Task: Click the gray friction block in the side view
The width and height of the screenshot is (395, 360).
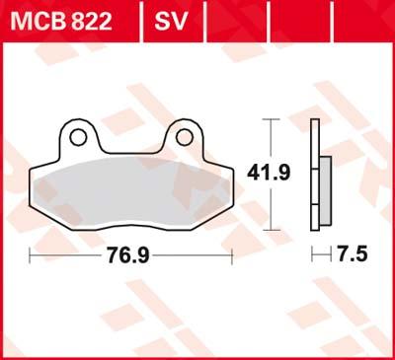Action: point(324,186)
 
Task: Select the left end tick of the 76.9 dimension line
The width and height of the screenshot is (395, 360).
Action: point(32,255)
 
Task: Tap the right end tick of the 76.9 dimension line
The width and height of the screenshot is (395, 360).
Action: point(231,255)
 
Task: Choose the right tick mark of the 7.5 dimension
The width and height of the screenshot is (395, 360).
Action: point(330,255)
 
